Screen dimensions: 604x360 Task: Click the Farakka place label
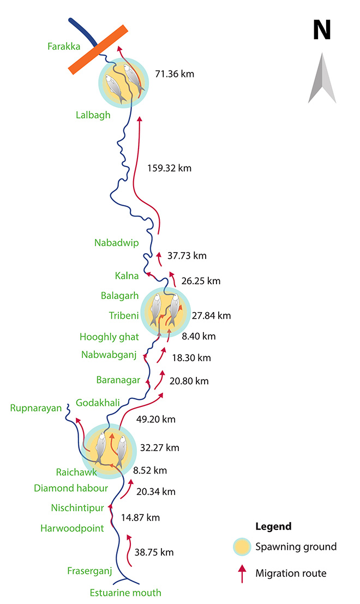pos(64,46)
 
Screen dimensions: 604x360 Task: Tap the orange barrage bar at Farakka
pos(98,49)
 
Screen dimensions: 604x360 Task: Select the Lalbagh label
pos(93,115)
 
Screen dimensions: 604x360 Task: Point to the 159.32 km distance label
pos(169,168)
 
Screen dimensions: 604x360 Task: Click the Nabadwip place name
pos(116,243)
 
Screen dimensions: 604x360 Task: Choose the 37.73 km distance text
pos(187,255)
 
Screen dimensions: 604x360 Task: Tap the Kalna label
pos(127,276)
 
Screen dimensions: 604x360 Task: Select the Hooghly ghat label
pos(109,337)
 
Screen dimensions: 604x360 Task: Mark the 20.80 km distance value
pos(189,381)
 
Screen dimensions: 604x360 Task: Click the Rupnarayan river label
pos(36,408)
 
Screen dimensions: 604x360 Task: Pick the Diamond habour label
pos(70,488)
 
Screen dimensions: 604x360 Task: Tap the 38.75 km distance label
pos(155,552)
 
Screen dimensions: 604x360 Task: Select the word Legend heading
pos(273,527)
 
